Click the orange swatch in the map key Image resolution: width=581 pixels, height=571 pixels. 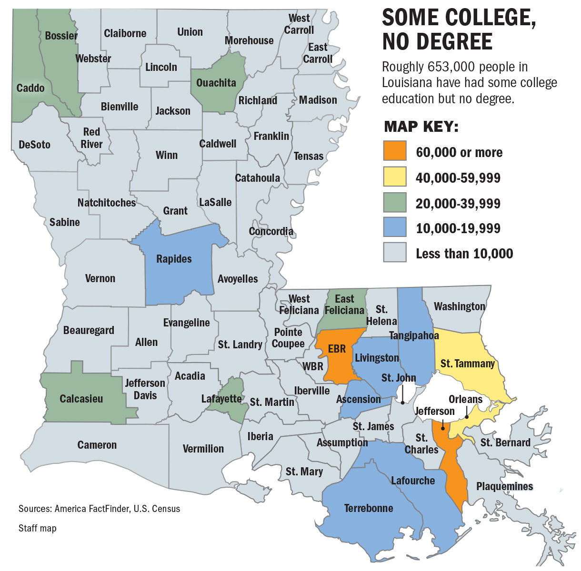click(395, 151)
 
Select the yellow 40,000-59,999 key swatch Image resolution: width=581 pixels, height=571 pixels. click(395, 177)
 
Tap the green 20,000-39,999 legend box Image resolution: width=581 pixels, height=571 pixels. click(395, 203)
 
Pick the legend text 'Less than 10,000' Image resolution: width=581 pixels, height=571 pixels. click(464, 253)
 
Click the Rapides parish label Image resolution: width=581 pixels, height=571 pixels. click(174, 259)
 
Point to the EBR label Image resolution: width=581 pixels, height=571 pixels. click(337, 349)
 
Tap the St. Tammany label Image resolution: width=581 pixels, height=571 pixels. click(467, 364)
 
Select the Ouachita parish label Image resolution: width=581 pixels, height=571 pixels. click(216, 83)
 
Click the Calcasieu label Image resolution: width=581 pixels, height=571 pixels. click(81, 399)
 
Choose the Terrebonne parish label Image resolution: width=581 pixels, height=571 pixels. click(369, 508)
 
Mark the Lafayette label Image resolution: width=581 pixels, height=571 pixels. click(221, 399)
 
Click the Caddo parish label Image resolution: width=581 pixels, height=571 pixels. click(30, 88)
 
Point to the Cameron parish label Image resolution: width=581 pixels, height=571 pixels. click(97, 445)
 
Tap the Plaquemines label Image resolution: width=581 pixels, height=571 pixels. click(504, 486)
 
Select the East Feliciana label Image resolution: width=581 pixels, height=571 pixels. click(344, 305)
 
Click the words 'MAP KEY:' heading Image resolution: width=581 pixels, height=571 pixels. click(421, 127)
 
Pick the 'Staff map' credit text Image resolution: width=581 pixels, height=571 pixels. click(37, 528)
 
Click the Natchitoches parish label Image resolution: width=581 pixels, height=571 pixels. click(107, 203)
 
